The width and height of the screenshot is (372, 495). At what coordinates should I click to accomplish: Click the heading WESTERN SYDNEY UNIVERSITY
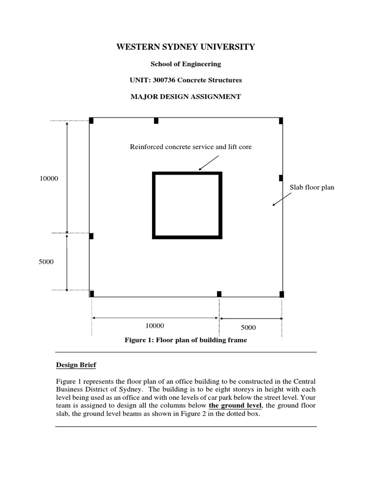click(x=186, y=47)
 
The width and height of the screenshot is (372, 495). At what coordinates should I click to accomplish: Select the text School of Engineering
click(x=186, y=64)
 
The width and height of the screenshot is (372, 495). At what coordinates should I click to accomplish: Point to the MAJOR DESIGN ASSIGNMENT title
click(x=186, y=96)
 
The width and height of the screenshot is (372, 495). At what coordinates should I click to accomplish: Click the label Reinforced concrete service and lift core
click(x=190, y=146)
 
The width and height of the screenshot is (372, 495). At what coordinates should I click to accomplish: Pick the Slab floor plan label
click(x=312, y=187)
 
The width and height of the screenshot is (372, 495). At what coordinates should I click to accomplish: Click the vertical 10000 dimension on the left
click(x=49, y=179)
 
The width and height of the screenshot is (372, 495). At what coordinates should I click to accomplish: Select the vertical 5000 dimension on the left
click(x=46, y=262)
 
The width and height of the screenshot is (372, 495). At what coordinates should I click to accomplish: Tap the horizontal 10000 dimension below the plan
click(x=155, y=326)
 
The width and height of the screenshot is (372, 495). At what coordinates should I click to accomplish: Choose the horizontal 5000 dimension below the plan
click(x=248, y=327)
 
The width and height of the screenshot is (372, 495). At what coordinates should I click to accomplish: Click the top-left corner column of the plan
click(x=91, y=120)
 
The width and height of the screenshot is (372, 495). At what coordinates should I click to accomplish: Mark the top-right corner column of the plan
click(x=281, y=120)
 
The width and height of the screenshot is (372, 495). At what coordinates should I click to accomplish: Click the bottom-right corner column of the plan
click(x=281, y=294)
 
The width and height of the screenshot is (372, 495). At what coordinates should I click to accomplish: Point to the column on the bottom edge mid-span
click(x=219, y=294)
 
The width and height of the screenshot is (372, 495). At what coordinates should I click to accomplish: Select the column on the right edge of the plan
click(x=281, y=178)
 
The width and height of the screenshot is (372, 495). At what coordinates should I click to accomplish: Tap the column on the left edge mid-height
click(x=91, y=236)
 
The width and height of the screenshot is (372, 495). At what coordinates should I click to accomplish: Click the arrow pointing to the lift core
click(x=209, y=163)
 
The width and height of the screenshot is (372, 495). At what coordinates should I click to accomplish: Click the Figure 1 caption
click(x=186, y=340)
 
